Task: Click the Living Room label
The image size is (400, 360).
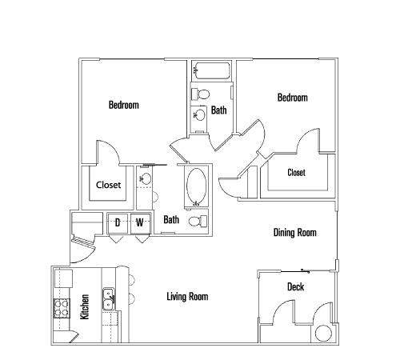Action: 187,297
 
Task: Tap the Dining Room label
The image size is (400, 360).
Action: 295,232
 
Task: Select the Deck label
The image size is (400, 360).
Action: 296,286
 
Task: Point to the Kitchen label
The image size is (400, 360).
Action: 85,306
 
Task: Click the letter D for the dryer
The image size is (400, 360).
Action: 118,222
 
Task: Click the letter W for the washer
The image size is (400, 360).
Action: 140,222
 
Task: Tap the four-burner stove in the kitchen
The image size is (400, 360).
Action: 62,308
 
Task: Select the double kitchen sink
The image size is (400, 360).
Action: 109,299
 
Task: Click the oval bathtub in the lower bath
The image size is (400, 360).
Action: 197,186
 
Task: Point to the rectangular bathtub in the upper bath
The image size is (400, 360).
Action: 213,70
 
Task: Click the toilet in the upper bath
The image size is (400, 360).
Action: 201,94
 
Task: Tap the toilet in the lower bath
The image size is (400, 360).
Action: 198,222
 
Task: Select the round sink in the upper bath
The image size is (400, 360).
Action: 199,115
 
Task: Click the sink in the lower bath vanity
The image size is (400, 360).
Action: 146,178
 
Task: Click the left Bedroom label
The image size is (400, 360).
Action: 124,105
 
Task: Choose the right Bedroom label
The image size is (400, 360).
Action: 293,98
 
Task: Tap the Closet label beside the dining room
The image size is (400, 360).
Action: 296,173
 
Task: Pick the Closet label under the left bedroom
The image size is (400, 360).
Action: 108,185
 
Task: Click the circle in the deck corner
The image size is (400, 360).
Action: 323,334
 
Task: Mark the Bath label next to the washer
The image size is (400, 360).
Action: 171,219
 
